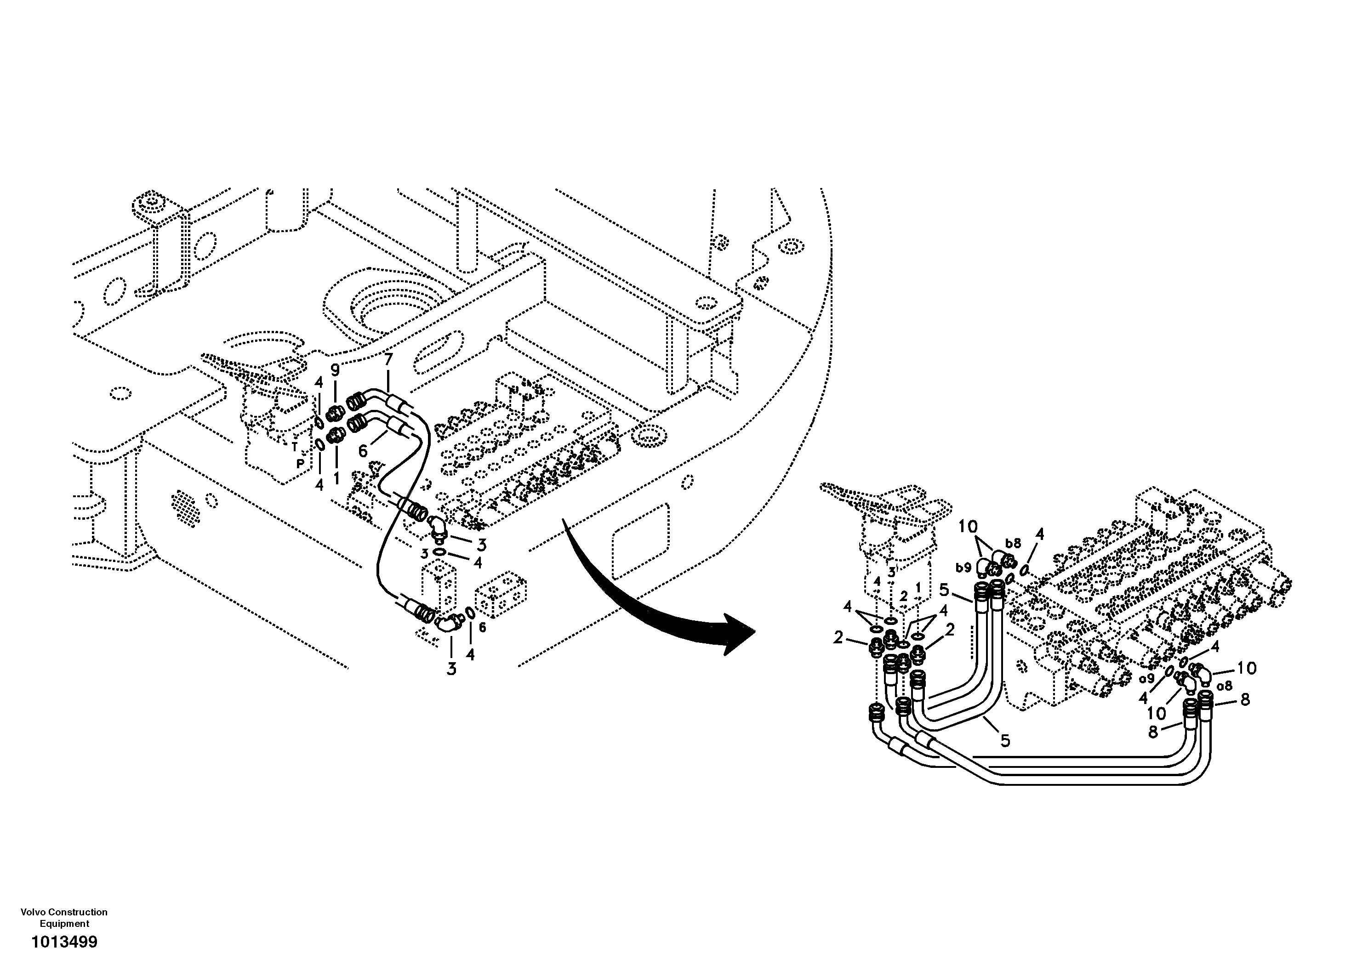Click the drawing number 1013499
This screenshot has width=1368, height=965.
click(x=64, y=942)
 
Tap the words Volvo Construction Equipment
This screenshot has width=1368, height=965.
click(x=64, y=917)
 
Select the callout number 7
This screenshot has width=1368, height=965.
click(x=388, y=359)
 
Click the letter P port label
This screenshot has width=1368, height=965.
click(x=300, y=463)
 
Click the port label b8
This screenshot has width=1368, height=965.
click(x=1013, y=543)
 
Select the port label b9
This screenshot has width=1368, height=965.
click(x=963, y=568)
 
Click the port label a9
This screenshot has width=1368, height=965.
click(x=1147, y=678)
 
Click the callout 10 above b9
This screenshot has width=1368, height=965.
click(x=968, y=527)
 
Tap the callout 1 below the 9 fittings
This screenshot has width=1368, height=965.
click(x=336, y=477)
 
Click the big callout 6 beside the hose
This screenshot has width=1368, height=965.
click(x=363, y=451)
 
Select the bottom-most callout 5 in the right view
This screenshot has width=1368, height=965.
click(x=1005, y=740)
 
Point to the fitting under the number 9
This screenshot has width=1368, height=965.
click(x=336, y=410)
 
